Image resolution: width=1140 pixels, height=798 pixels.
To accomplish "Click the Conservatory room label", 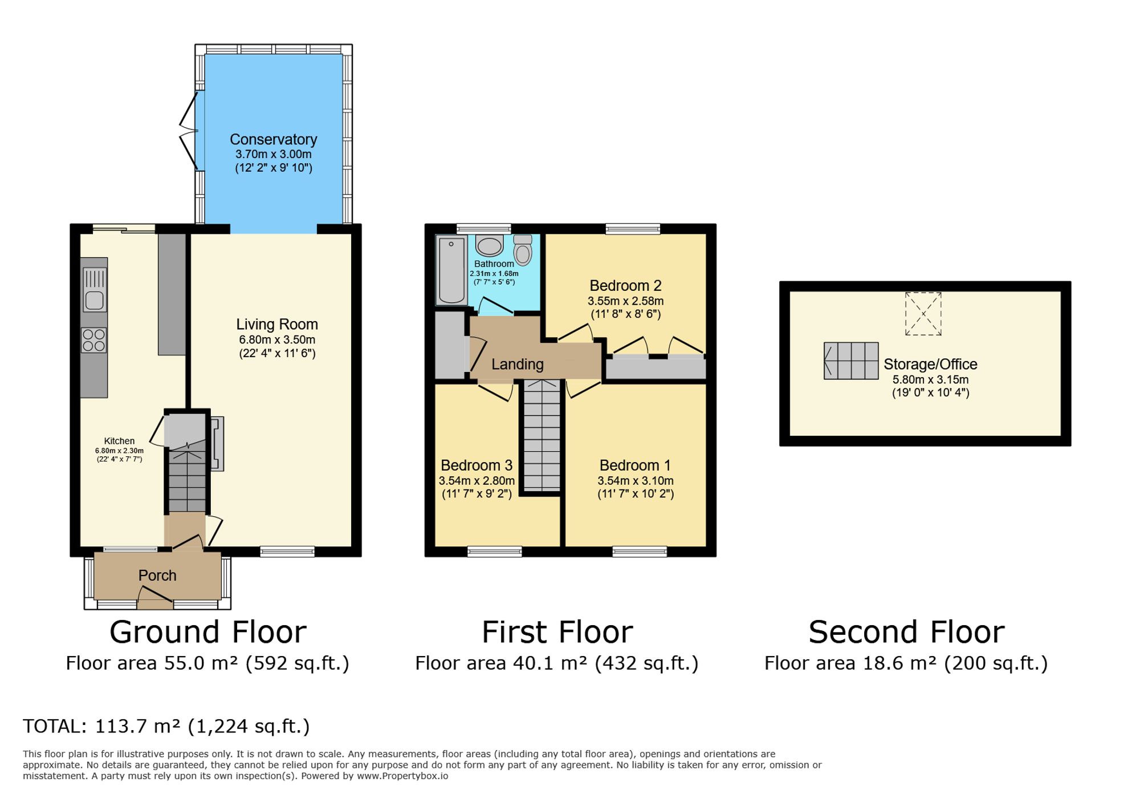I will (x=273, y=140).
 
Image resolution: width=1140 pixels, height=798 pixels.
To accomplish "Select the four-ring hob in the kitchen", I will (x=93, y=341).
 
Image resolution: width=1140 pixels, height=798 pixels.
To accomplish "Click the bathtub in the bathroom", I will (x=451, y=270).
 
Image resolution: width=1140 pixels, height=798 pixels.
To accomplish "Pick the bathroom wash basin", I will (x=489, y=246).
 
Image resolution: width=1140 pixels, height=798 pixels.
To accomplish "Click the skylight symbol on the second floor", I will (x=923, y=314).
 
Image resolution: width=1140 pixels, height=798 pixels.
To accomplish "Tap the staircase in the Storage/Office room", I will (x=851, y=361).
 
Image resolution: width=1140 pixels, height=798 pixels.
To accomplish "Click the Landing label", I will (x=517, y=364).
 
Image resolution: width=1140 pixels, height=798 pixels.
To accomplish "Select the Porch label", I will (x=157, y=576).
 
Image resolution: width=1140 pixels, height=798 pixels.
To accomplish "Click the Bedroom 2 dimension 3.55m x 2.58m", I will (x=625, y=301).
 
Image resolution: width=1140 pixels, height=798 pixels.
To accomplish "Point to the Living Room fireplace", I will (x=217, y=444).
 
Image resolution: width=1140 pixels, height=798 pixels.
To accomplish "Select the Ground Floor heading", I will (x=207, y=632).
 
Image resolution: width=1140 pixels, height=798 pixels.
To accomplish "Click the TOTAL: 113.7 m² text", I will (x=166, y=726).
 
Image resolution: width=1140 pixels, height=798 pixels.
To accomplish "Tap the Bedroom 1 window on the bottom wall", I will (x=639, y=551).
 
